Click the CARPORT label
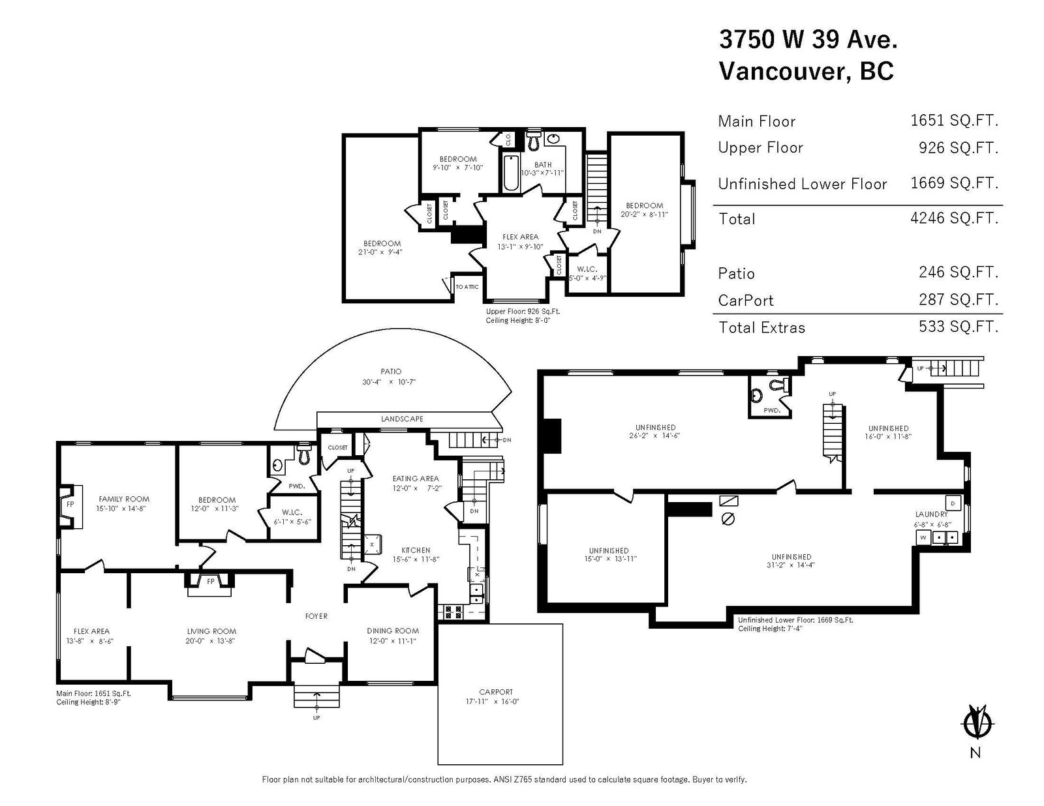tap(495, 692)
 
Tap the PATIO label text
tap(391, 372)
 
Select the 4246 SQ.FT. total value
tap(954, 218)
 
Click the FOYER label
tap(316, 616)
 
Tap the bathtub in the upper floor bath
tap(511, 172)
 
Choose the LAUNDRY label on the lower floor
tap(931, 514)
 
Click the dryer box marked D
tap(953, 503)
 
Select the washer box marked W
tap(923, 537)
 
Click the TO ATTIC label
tap(467, 287)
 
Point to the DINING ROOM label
tap(393, 631)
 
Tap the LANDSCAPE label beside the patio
tap(402, 419)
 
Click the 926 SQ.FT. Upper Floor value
tap(959, 148)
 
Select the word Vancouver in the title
tap(781, 71)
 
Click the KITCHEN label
tap(416, 550)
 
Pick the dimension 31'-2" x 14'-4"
tap(791, 565)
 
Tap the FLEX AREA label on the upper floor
tap(520, 237)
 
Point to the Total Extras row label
tap(761, 328)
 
